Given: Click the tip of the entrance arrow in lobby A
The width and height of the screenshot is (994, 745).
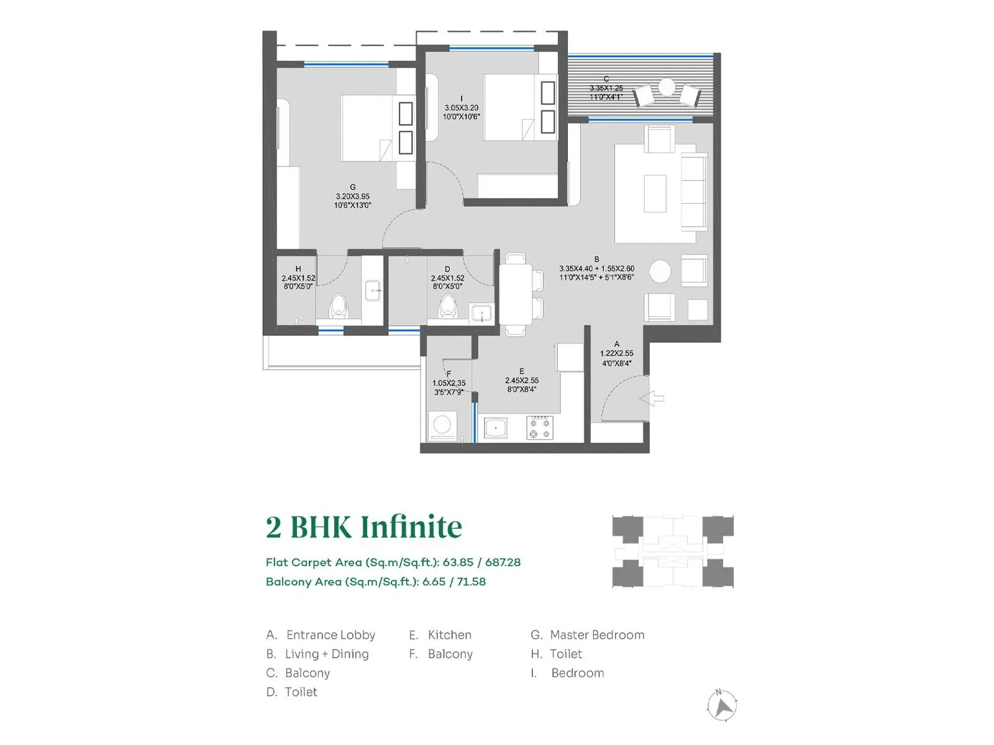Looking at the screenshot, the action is click(x=640, y=399).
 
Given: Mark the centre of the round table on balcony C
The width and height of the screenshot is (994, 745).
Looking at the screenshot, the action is click(x=667, y=88).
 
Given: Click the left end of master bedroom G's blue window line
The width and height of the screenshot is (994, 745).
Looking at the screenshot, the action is click(x=304, y=65).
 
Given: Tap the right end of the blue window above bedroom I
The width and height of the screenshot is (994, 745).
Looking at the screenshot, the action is click(x=534, y=48).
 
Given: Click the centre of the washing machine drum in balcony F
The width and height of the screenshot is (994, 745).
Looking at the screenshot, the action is click(x=442, y=425).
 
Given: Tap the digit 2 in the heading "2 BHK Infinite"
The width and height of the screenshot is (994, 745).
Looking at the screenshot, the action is click(x=273, y=528).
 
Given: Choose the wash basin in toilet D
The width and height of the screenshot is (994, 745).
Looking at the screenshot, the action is click(x=481, y=312).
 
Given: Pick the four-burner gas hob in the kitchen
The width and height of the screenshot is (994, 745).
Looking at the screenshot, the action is click(x=540, y=428).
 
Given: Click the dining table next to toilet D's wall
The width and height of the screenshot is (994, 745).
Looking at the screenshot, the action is click(x=516, y=294).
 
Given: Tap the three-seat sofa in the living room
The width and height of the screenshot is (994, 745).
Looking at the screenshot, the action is click(x=694, y=192).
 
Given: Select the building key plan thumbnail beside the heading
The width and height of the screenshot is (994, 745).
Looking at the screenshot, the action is click(x=672, y=551).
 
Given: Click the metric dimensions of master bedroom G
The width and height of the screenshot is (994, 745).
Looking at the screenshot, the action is click(x=352, y=196).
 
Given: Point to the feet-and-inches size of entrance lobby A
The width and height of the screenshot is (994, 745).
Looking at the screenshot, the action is click(x=616, y=363).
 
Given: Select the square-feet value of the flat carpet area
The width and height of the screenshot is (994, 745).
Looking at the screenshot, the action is click(x=503, y=562).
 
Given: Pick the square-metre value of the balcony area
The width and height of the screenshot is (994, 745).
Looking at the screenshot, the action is click(x=434, y=581).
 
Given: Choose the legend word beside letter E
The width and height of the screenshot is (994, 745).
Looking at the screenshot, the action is click(x=449, y=634).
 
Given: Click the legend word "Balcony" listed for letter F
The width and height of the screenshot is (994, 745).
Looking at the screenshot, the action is click(x=450, y=654).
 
